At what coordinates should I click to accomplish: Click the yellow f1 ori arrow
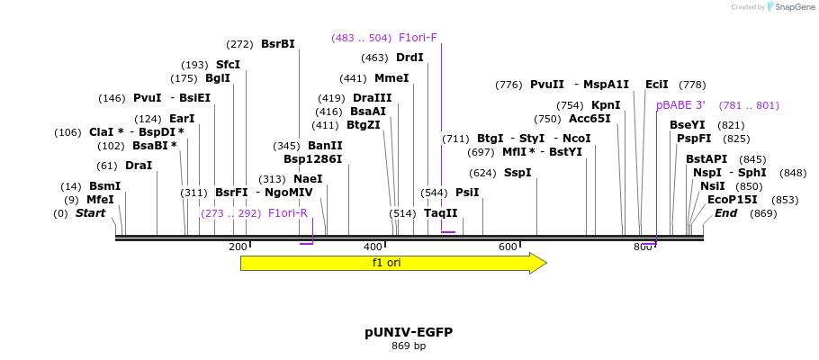392,263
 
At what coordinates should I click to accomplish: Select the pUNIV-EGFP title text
409,332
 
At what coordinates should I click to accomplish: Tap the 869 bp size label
409,346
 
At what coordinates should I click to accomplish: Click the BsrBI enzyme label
278,44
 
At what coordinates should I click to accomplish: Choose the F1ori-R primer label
288,213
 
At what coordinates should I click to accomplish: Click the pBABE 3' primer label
681,105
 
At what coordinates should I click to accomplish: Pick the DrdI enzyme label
409,58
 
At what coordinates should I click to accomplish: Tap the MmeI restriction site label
391,78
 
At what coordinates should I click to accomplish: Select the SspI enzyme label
517,173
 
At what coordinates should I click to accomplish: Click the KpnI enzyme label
606,105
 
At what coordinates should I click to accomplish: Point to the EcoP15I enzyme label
733,200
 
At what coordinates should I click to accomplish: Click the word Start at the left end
90,213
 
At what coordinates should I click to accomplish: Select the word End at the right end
725,213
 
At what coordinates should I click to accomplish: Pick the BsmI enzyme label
104,186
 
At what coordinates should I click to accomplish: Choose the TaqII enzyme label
441,213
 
